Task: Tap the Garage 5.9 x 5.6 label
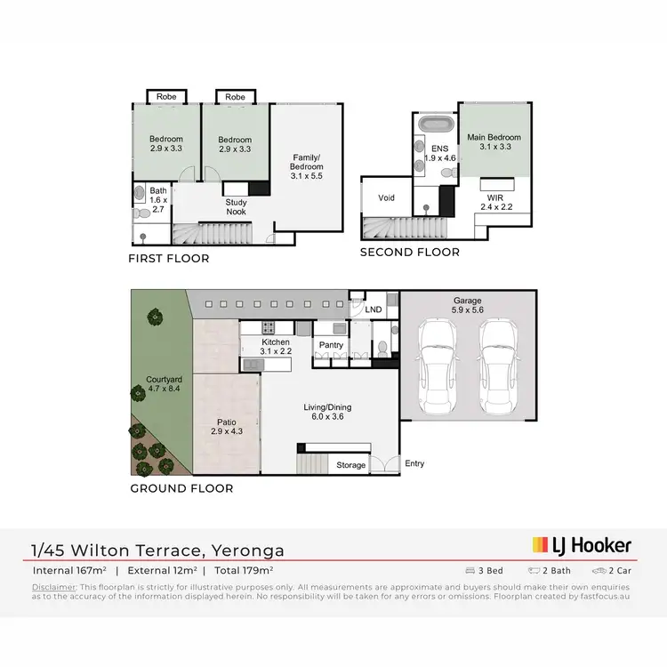467,306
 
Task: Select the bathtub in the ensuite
436,125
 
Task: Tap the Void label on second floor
386,197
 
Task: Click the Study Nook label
236,207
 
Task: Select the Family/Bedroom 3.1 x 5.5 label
308,167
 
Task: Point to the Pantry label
331,345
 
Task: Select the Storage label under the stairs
350,465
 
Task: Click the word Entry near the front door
414,463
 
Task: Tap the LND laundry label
374,309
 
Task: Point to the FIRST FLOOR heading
168,259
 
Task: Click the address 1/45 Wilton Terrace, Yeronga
158,550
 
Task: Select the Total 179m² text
241,570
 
